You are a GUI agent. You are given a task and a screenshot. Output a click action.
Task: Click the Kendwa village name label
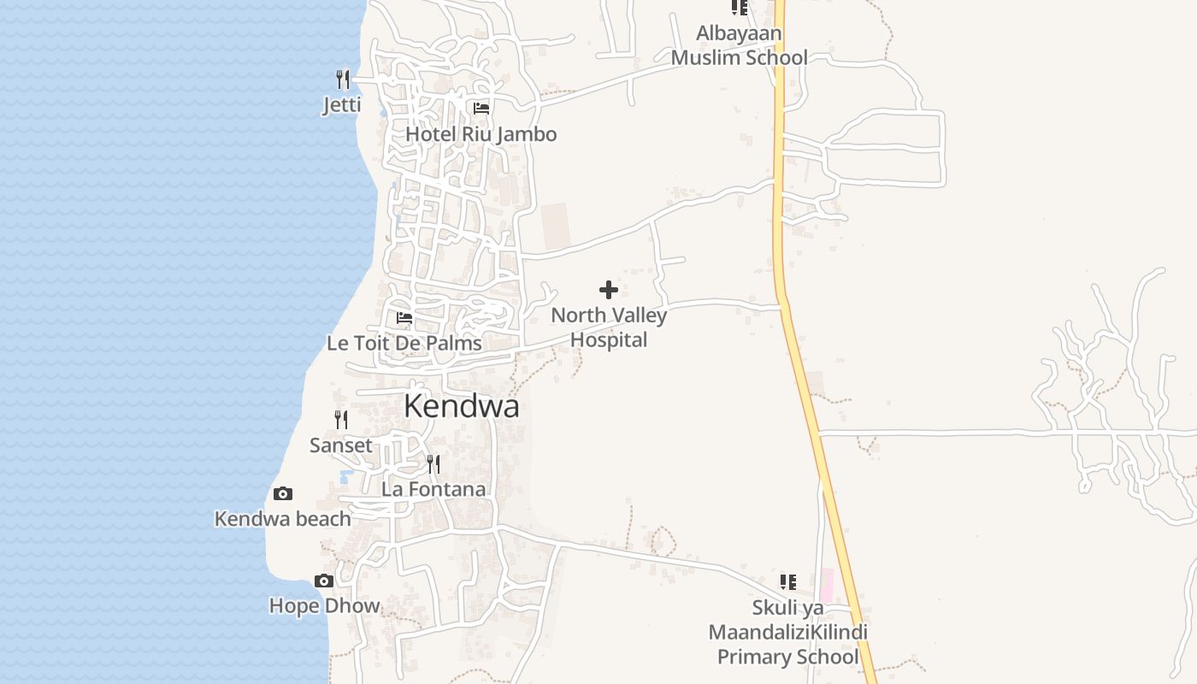461,406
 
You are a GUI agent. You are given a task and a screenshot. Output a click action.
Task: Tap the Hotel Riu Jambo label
481,134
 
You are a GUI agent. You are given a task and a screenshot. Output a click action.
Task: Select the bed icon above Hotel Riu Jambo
481,109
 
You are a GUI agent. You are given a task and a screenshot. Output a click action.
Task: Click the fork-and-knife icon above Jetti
343,80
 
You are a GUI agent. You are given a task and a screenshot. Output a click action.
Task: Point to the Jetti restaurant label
342,105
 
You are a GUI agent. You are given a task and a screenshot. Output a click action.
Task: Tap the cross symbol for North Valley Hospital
609,290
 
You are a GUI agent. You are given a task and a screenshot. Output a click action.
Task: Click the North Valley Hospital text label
609,327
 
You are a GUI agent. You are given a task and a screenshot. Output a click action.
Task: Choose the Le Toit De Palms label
404,344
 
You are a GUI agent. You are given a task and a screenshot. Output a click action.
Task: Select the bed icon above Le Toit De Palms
404,318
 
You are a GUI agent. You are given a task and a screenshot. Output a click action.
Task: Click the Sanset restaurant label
341,445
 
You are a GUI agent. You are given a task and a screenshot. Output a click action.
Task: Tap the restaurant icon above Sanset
341,420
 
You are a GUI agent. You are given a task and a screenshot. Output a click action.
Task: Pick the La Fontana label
433,490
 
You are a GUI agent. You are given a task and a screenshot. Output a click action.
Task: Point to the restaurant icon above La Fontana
433,464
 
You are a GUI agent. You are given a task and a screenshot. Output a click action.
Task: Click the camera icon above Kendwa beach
283,493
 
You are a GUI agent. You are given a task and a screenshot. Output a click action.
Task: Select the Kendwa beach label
282,519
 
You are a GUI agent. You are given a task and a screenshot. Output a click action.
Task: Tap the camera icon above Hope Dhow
324,581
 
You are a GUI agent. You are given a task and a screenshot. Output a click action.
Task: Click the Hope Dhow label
324,606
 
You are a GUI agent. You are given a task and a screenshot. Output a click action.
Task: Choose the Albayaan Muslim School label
739,45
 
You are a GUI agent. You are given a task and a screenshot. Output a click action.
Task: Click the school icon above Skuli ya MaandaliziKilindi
788,582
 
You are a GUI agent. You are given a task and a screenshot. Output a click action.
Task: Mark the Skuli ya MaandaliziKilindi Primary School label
787,633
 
